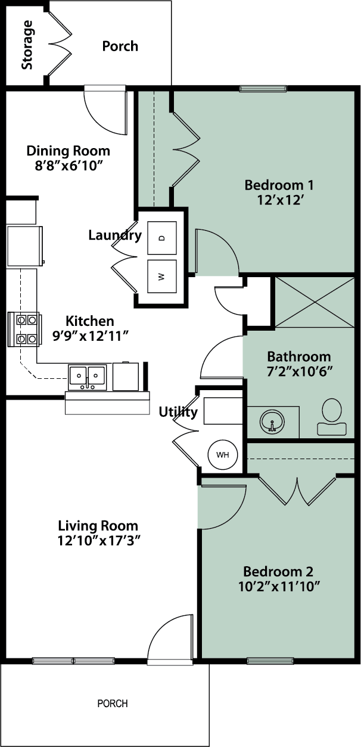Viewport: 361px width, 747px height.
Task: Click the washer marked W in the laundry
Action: (x=162, y=277)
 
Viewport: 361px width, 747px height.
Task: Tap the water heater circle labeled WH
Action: (x=223, y=455)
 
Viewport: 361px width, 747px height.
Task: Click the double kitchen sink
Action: (x=87, y=376)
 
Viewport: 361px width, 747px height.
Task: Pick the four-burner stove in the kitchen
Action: (x=24, y=329)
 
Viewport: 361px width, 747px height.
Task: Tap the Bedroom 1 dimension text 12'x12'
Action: (x=279, y=200)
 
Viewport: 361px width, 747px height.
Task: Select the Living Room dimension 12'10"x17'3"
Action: (x=98, y=541)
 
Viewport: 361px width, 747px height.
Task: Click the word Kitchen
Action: (x=89, y=321)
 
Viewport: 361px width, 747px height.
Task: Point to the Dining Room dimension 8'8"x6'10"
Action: (x=69, y=166)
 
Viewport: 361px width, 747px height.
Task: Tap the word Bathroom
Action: (x=298, y=357)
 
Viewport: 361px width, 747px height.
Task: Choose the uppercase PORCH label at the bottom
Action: (x=113, y=704)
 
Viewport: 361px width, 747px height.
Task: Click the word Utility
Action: (x=178, y=412)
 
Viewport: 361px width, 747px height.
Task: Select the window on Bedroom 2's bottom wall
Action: (x=266, y=660)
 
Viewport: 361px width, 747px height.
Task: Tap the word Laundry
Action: (x=114, y=236)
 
